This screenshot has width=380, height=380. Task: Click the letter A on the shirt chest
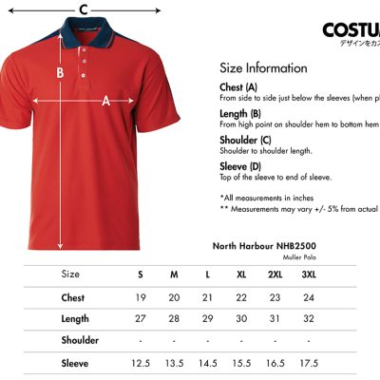tap(105, 100)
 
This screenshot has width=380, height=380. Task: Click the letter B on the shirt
tap(60, 72)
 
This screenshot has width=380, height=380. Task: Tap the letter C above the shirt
tap(84, 10)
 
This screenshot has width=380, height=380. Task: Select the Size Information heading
tap(263, 68)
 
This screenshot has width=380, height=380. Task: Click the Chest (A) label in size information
tap(238, 86)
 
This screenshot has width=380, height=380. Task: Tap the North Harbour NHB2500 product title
tap(263, 245)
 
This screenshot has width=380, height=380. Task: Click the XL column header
tap(241, 275)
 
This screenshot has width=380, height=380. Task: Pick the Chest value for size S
tap(141, 297)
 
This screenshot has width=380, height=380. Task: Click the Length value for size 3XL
tap(309, 318)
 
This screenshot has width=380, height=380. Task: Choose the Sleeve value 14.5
tap(207, 362)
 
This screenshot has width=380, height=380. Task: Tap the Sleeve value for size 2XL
tap(275, 362)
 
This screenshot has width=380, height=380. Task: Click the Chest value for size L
tap(207, 297)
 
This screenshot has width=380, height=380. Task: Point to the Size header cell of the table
tap(71, 275)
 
